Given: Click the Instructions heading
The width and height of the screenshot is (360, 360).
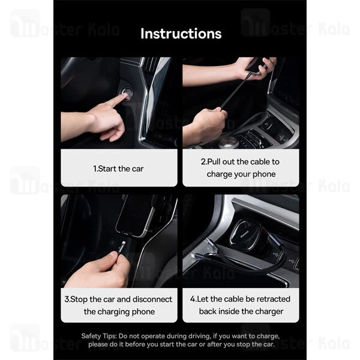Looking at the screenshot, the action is [181, 34].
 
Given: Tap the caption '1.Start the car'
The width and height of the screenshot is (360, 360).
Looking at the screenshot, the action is [118, 169].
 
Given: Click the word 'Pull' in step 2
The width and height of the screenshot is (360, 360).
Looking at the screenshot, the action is [214, 161].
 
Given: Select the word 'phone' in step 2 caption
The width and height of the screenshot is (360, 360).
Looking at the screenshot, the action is [264, 174].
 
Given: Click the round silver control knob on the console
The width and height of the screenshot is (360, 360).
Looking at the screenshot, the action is [228, 143].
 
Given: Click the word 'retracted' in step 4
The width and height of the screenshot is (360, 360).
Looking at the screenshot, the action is [274, 299].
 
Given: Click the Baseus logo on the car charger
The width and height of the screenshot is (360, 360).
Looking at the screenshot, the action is [245, 235].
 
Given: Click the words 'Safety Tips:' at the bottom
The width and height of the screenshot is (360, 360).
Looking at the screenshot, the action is [99, 336].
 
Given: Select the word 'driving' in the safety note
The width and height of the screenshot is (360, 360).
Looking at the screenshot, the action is [199, 337].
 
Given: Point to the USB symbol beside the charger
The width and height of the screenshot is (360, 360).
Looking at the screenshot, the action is [276, 254].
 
